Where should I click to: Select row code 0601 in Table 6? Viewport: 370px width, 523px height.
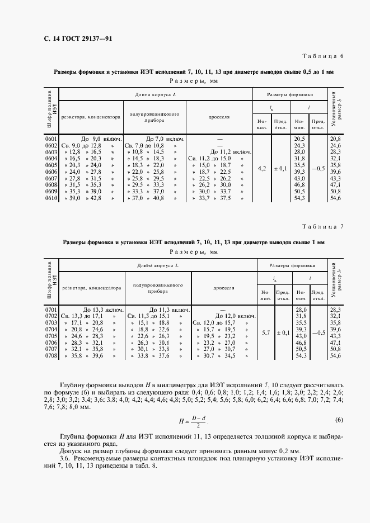[x=51, y=138]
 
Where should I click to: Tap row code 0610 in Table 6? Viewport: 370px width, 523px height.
[x=51, y=198]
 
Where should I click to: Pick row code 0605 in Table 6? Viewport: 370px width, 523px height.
[x=51, y=165]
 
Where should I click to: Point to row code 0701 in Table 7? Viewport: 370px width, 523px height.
[x=51, y=309]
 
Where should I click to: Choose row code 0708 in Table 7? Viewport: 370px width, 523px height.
[x=51, y=355]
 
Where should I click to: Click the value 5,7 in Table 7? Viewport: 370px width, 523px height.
[x=265, y=332]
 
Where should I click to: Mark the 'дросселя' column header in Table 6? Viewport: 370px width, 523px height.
[x=219, y=117]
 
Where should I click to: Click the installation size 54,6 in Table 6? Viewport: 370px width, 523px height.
[x=336, y=198]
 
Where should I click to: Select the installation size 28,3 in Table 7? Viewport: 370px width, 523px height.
[x=336, y=309]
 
